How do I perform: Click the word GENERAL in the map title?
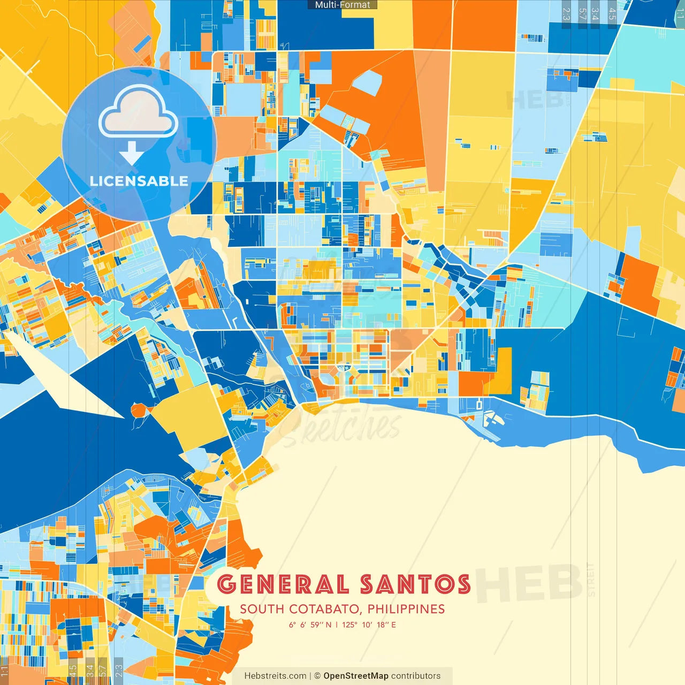[x=283, y=584]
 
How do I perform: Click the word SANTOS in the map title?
[x=415, y=584]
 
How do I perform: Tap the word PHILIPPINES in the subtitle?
[x=406, y=609]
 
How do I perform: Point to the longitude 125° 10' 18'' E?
[x=369, y=625]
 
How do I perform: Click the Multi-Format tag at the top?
[x=342, y=5]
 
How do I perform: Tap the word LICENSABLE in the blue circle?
[x=139, y=181]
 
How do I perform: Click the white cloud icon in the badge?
[x=139, y=113]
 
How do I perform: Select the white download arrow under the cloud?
[x=131, y=154]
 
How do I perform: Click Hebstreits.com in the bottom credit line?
[x=275, y=676]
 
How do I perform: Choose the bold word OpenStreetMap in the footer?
[x=356, y=676]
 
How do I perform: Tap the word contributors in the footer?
[x=416, y=676]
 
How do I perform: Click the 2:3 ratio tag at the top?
[x=566, y=13]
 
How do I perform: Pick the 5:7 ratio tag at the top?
[x=582, y=13]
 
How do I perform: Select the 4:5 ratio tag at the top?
[x=612, y=13]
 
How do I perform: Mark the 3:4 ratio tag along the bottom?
[x=89, y=671]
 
